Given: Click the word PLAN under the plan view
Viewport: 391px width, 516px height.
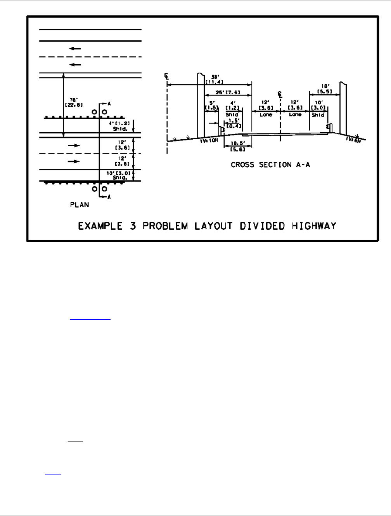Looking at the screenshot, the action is pyautogui.click(x=80, y=204).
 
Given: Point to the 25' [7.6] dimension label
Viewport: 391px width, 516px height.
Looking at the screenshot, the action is pyautogui.click(x=228, y=93).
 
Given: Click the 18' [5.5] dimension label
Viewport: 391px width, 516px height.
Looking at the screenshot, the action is pyautogui.click(x=324, y=89).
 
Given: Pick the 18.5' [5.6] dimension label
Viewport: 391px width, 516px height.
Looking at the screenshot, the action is pyautogui.click(x=237, y=146).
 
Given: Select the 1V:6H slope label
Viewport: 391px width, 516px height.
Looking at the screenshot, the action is pyautogui.click(x=353, y=140).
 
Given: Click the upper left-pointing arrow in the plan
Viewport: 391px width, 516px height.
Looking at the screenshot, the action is pyautogui.click(x=75, y=48).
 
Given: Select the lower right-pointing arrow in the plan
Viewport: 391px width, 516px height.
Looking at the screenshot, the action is pyautogui.click(x=74, y=161).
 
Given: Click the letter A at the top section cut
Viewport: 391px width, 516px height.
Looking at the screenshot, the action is pyautogui.click(x=109, y=104).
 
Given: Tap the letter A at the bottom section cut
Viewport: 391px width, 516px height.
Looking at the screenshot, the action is pyautogui.click(x=109, y=197).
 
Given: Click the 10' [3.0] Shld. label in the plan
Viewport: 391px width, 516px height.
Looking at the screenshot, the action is pyautogui.click(x=120, y=175).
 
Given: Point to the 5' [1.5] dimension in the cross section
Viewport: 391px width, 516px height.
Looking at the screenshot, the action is pyautogui.click(x=212, y=106).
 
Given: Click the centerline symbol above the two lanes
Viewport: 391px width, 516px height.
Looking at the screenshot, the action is pyautogui.click(x=280, y=94).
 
